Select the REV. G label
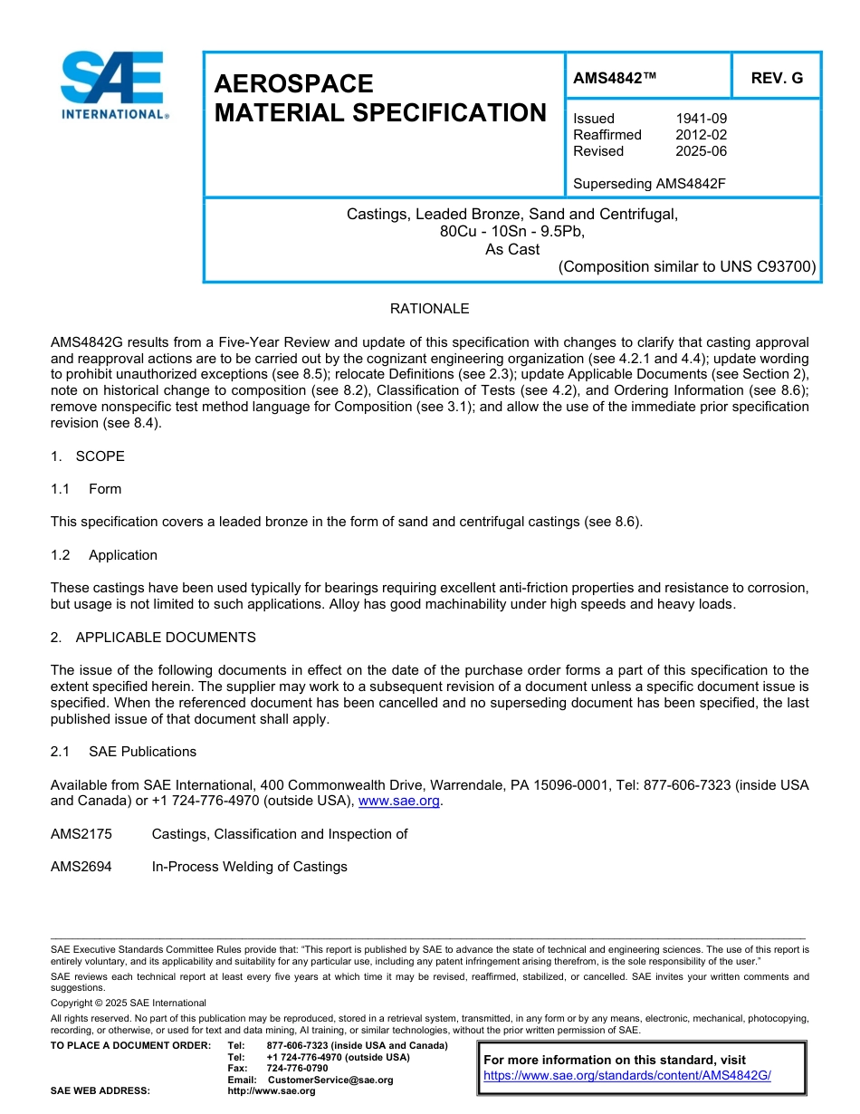(777, 79)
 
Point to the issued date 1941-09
(701, 119)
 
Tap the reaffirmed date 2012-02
(701, 135)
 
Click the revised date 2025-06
(701, 151)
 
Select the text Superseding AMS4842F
(650, 184)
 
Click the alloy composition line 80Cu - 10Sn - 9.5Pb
(512, 232)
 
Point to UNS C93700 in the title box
(768, 267)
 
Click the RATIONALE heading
(429, 309)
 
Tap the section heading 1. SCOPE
(88, 456)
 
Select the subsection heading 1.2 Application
(104, 555)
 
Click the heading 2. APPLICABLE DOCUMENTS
(153, 638)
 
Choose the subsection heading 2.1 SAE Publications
(123, 752)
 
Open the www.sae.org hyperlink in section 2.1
(399, 802)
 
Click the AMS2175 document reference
(81, 834)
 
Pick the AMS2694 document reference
(81, 867)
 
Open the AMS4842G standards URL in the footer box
(626, 1076)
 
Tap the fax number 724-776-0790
(298, 1069)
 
